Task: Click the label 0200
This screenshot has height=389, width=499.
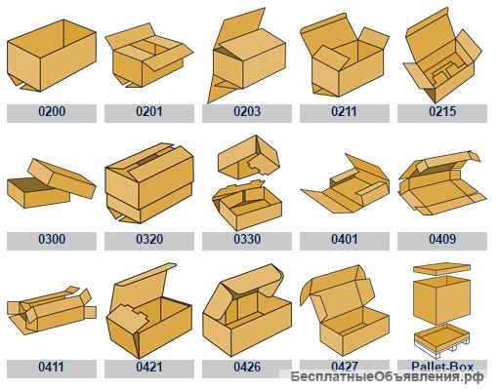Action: click(52, 111)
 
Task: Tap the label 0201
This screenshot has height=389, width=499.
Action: click(149, 111)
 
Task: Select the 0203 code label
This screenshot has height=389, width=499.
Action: click(247, 111)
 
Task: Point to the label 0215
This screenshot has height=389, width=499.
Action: click(442, 111)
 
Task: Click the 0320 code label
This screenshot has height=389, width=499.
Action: click(149, 239)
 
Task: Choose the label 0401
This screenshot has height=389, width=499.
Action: click(345, 239)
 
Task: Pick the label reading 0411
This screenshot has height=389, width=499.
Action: click(51, 367)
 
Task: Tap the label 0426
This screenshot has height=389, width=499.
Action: click(247, 367)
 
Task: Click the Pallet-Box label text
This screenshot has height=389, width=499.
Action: click(442, 367)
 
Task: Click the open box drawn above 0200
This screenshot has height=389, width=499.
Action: click(52, 56)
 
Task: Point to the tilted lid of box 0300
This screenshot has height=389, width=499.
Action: click(62, 177)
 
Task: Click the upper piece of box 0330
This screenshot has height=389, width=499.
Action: click(249, 157)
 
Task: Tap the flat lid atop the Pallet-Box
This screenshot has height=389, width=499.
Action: click(441, 269)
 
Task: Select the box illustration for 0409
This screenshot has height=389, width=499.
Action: click(442, 183)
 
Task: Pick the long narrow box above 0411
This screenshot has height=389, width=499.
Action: click(52, 310)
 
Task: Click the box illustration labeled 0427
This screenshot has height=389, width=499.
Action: click(345, 310)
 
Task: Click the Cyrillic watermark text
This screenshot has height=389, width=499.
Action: click(387, 377)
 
